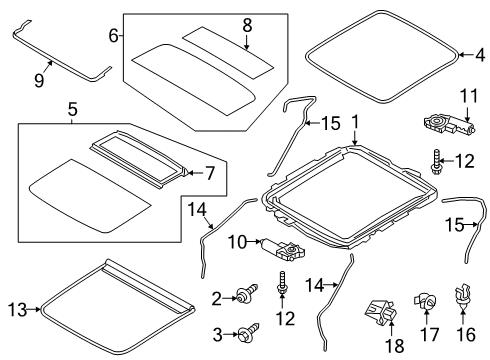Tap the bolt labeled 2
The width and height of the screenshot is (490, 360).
pos(242,296)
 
